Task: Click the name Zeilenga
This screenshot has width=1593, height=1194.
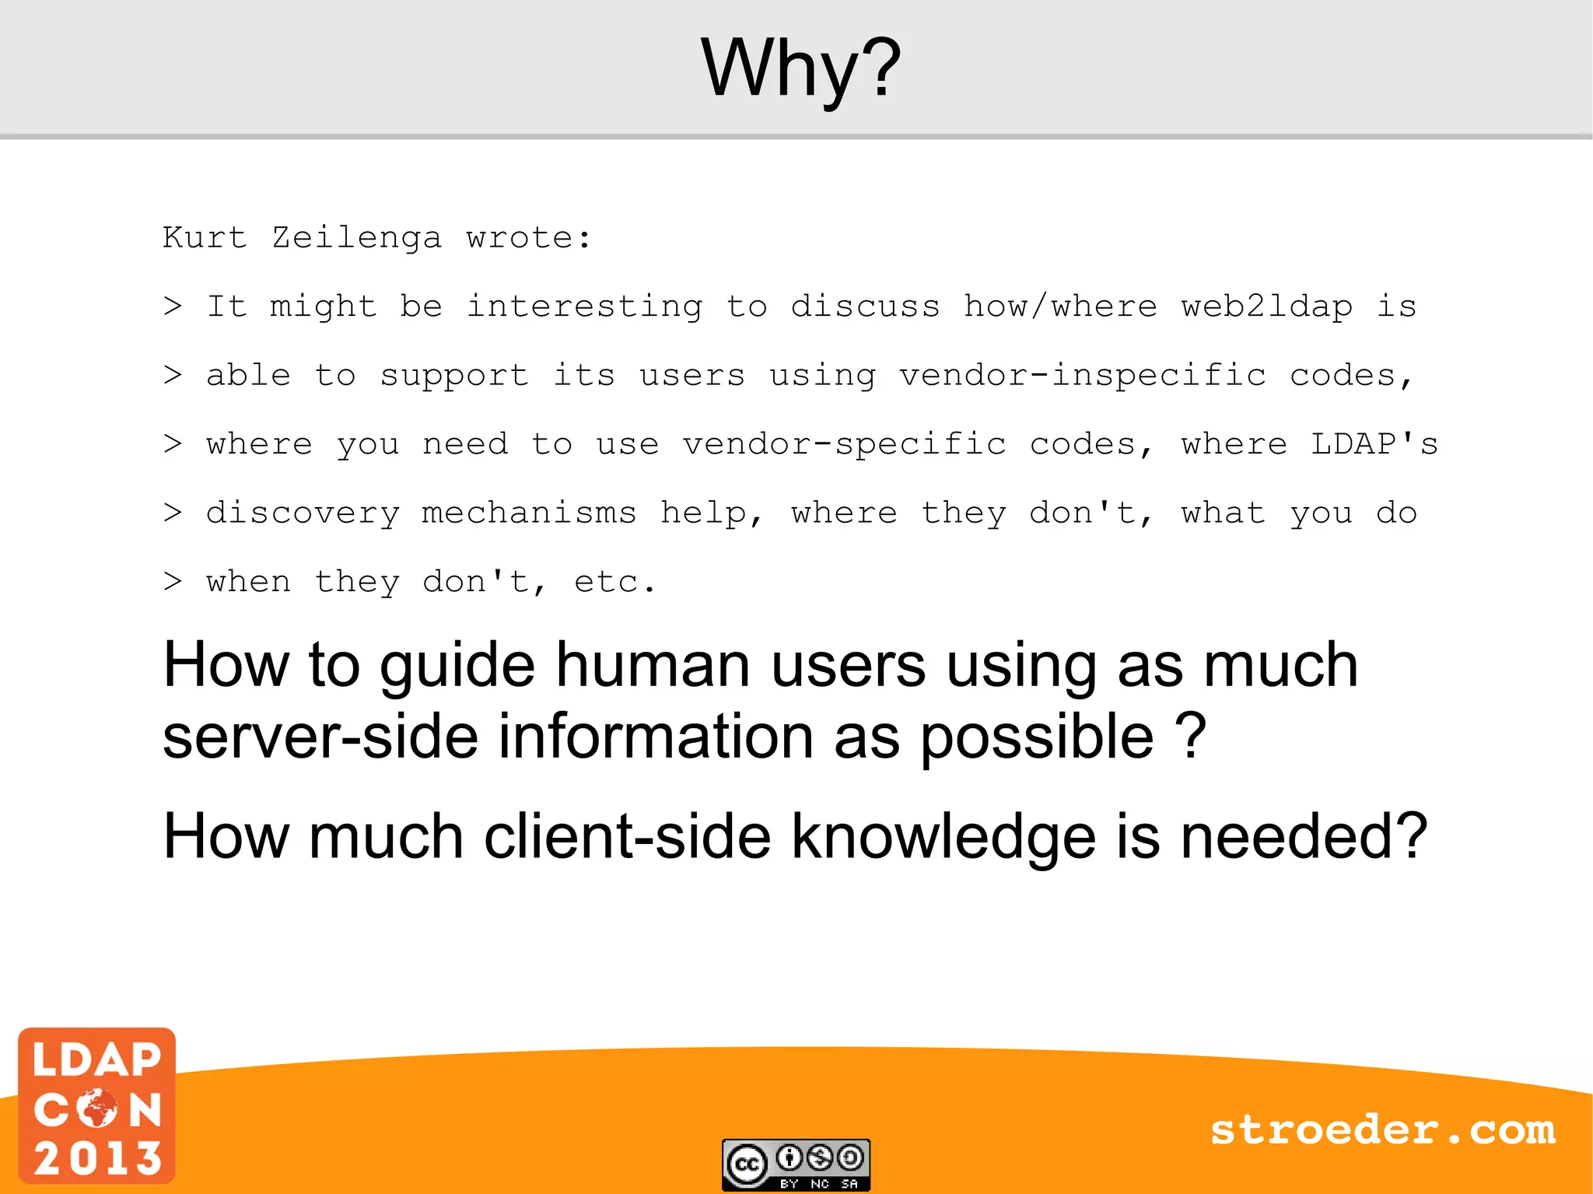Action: [356, 238]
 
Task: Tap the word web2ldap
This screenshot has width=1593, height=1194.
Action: [1266, 306]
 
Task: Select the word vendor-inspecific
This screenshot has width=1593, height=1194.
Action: [1083, 376]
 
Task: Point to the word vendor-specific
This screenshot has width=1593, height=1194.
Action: [844, 444]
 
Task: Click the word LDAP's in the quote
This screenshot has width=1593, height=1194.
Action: [1374, 444]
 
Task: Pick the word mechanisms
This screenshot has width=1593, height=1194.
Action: [529, 513]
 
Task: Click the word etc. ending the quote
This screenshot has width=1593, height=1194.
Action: [614, 582]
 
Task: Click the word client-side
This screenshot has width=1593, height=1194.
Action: [627, 837]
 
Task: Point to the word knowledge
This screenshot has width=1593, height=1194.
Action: [944, 837]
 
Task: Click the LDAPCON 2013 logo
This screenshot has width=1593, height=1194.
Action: [97, 1106]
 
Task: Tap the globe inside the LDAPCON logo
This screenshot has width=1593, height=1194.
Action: [98, 1108]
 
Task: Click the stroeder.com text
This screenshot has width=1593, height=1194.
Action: [1382, 1130]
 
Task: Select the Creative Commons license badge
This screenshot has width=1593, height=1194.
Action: [796, 1164]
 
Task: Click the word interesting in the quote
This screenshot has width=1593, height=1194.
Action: [584, 306]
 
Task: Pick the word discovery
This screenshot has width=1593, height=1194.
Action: [303, 513]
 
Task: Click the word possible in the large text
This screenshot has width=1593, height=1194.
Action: [1037, 737]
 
